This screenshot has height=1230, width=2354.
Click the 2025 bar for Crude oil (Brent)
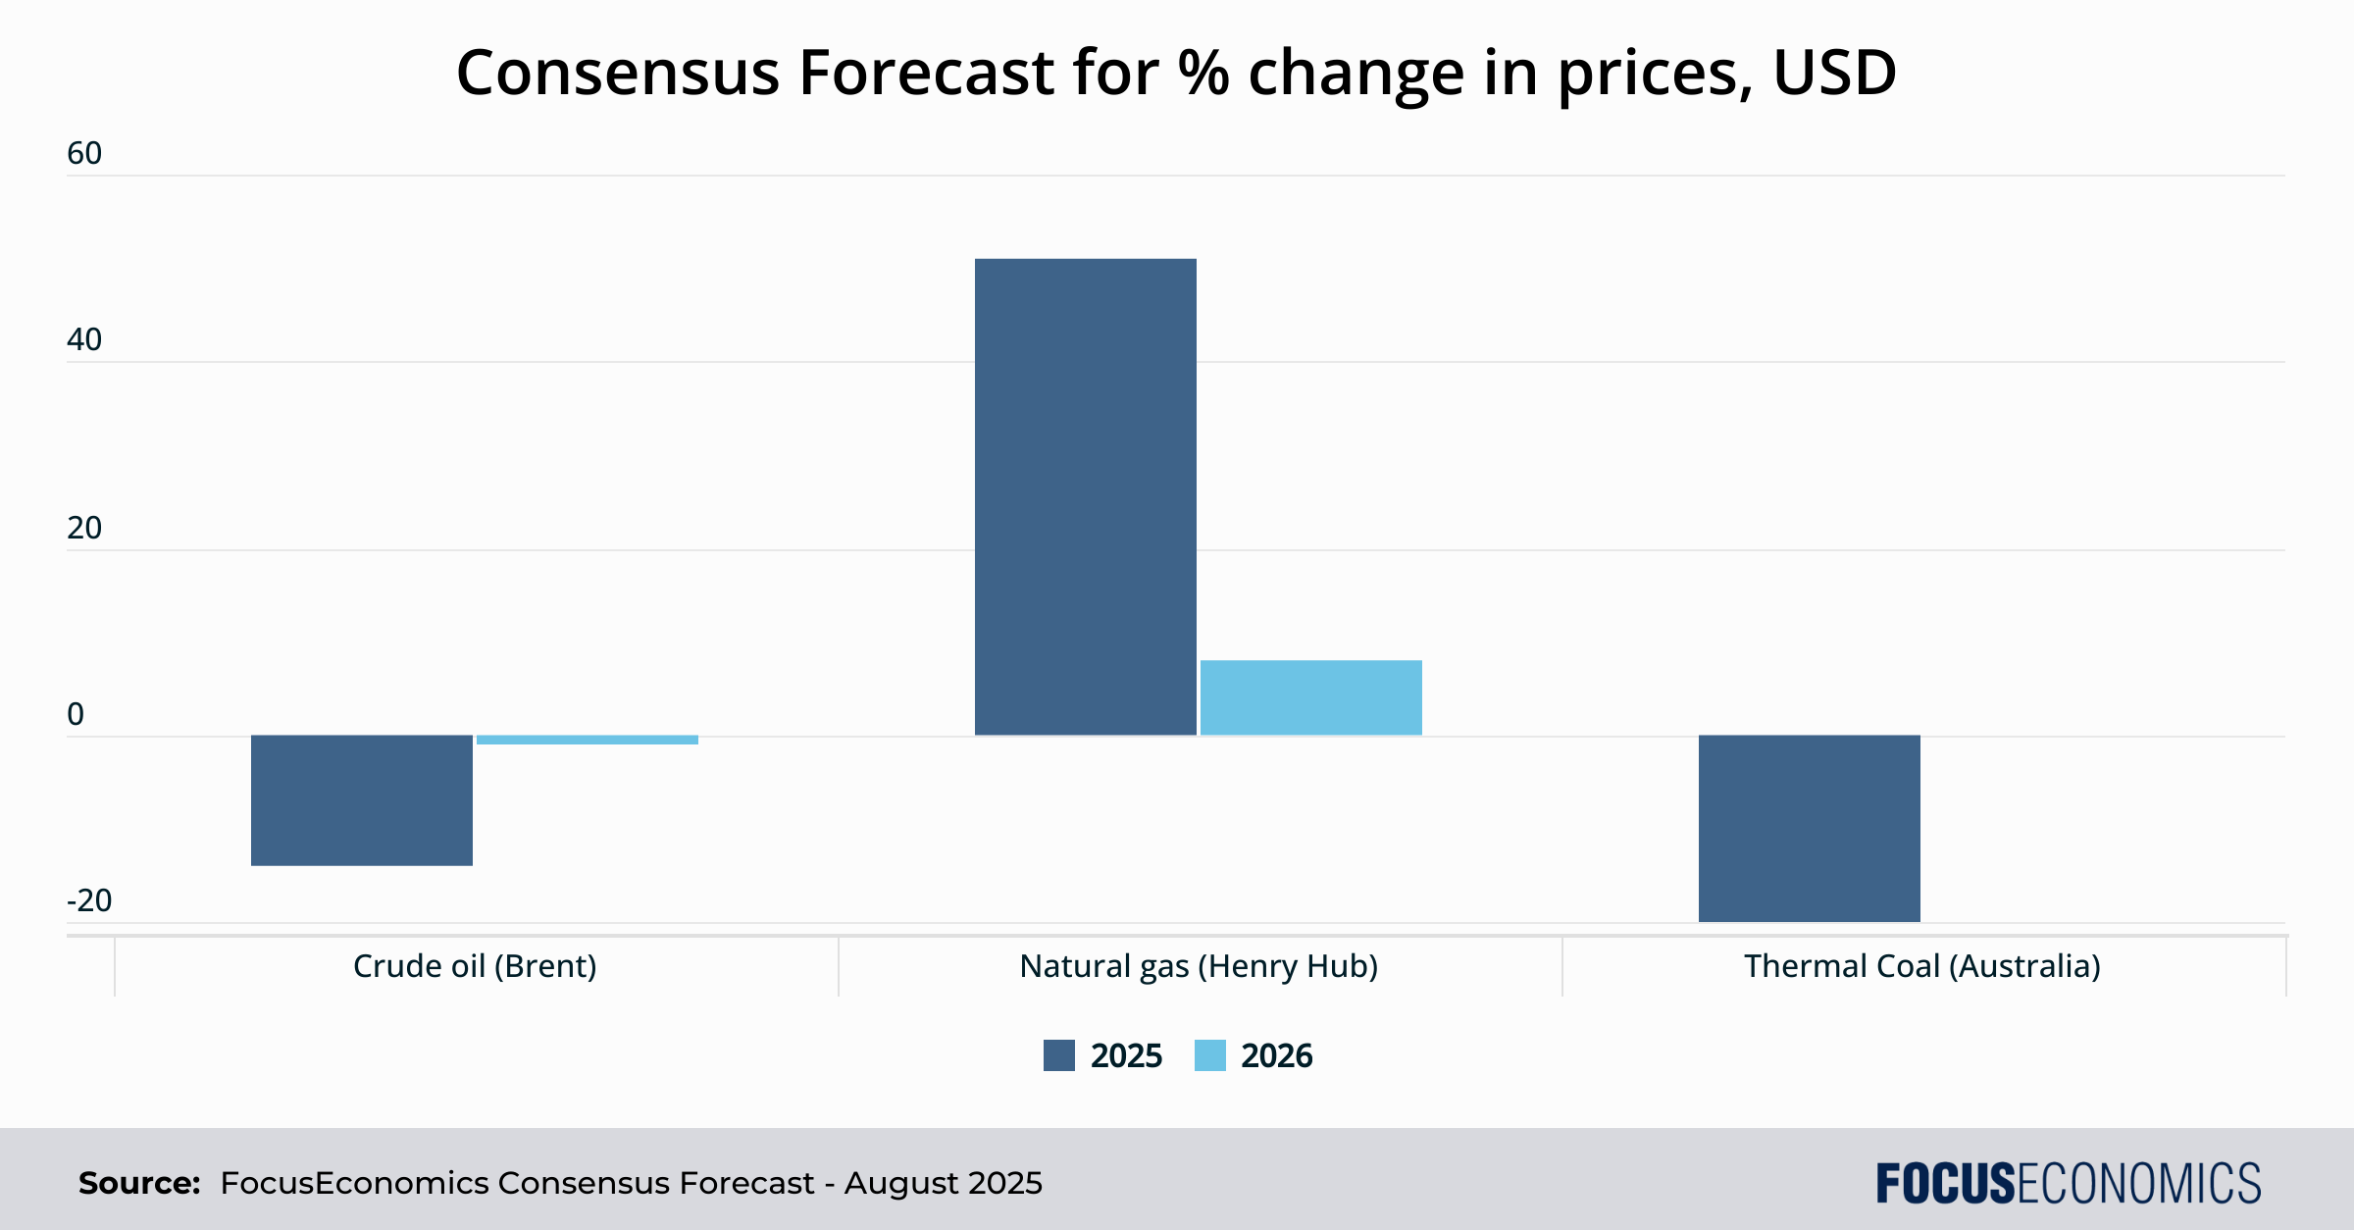pyautogui.click(x=362, y=800)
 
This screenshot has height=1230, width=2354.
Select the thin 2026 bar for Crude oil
pyautogui.click(x=588, y=740)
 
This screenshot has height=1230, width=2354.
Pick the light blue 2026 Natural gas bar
pyautogui.click(x=1311, y=697)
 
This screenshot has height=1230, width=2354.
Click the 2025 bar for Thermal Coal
pyautogui.click(x=1810, y=829)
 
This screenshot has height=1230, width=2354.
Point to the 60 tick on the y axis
pyautogui.click(x=84, y=153)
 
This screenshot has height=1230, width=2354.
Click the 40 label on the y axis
pyautogui.click(x=84, y=339)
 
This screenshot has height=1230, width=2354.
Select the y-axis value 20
pyautogui.click(x=84, y=528)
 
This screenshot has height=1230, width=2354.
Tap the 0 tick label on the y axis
pyautogui.click(x=76, y=714)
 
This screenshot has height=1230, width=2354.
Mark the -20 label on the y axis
pyautogui.click(x=89, y=900)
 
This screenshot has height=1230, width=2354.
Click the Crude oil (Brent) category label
pyautogui.click(x=475, y=966)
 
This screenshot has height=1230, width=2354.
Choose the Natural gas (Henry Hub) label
pyautogui.click(x=1199, y=966)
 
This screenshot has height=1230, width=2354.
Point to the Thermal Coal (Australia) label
pyautogui.click(x=1922, y=966)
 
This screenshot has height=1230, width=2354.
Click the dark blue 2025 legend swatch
pyautogui.click(x=1059, y=1055)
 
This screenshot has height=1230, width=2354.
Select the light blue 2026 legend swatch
pyautogui.click(x=1210, y=1055)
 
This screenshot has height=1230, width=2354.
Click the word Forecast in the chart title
pyautogui.click(x=926, y=73)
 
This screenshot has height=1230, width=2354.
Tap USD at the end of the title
pyautogui.click(x=1834, y=73)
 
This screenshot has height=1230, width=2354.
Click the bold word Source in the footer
pyautogui.click(x=139, y=1183)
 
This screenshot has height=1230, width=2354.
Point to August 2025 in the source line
pyautogui.click(x=944, y=1183)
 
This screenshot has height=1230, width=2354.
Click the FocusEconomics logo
pyautogui.click(x=2069, y=1183)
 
